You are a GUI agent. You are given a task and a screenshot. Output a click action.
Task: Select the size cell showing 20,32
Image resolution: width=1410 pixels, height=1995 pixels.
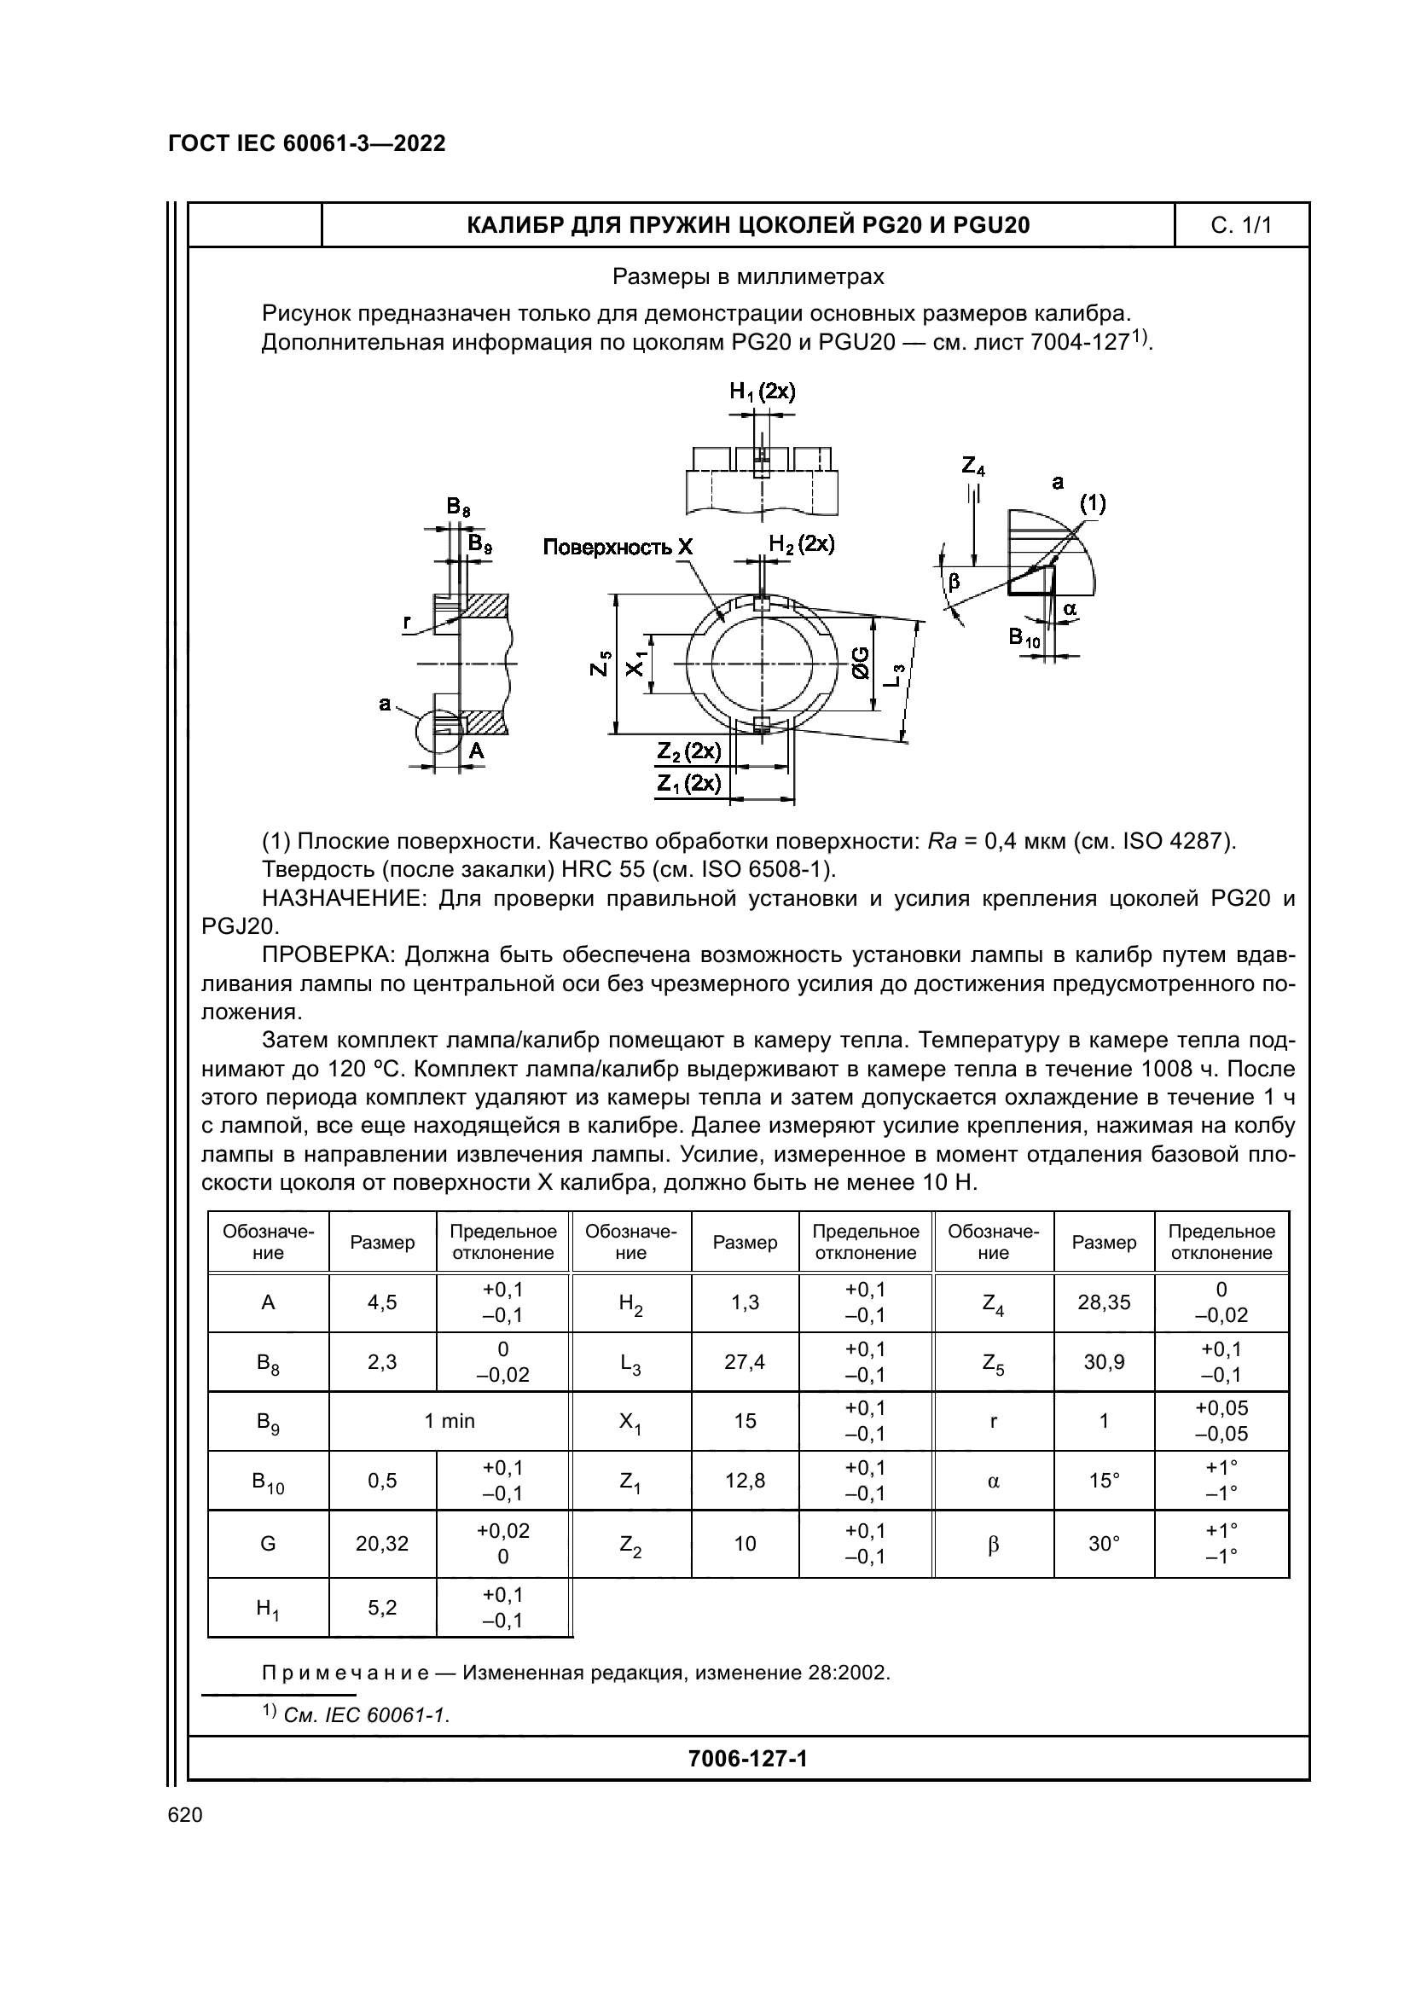pyautogui.click(x=382, y=1543)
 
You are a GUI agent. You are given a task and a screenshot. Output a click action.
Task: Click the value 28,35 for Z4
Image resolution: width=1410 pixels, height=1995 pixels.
pyautogui.click(x=1103, y=1302)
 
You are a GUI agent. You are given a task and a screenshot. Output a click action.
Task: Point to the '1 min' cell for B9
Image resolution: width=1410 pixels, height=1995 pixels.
pyautogui.click(x=450, y=1421)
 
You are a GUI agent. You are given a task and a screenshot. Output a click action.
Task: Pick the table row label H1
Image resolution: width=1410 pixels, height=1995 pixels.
pyautogui.click(x=268, y=1609)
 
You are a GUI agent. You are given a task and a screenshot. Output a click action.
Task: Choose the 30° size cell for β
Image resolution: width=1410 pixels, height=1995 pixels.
pyautogui.click(x=1103, y=1543)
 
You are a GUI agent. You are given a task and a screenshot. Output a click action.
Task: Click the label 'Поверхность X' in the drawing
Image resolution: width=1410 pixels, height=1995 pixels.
pyautogui.click(x=618, y=547)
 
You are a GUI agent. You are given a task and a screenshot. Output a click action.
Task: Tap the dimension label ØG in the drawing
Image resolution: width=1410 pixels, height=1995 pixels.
pyautogui.click(x=860, y=663)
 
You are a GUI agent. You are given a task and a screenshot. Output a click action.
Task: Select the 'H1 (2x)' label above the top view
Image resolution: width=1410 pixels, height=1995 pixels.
pyautogui.click(x=762, y=391)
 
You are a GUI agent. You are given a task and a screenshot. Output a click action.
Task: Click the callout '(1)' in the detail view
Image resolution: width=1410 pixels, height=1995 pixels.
pyautogui.click(x=1092, y=503)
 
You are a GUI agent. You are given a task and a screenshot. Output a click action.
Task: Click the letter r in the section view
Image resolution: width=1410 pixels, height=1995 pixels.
pyautogui.click(x=407, y=622)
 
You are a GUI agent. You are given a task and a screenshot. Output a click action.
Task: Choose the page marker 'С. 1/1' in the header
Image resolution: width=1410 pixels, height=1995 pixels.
pyautogui.click(x=1240, y=226)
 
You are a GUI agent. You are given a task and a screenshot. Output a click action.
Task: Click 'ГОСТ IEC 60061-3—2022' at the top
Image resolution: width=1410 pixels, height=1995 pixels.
pyautogui.click(x=307, y=143)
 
